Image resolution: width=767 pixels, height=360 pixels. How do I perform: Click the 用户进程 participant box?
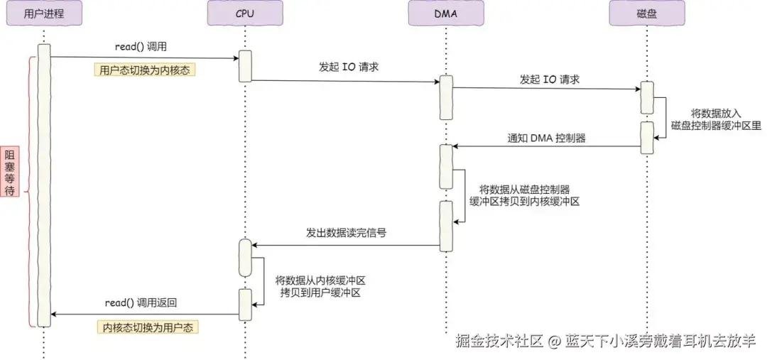pyautogui.click(x=43, y=13)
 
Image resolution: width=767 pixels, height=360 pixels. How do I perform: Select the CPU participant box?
pyautogui.click(x=244, y=13)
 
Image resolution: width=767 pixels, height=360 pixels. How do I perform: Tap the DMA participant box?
pyautogui.click(x=445, y=13)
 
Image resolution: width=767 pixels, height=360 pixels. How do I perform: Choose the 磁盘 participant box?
pyautogui.click(x=647, y=13)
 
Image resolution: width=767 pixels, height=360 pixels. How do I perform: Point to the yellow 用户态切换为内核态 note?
pyautogui.click(x=145, y=70)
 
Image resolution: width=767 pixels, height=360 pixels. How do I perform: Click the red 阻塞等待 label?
pyautogui.click(x=10, y=170)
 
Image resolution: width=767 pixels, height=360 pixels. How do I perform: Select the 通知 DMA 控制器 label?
pyautogui.click(x=546, y=138)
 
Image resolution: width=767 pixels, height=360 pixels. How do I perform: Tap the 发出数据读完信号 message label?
pyautogui.click(x=346, y=233)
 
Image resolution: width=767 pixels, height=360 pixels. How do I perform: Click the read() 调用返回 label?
pyautogui.click(x=141, y=302)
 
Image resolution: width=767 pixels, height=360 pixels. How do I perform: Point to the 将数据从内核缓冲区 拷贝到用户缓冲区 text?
pyautogui.click(x=320, y=287)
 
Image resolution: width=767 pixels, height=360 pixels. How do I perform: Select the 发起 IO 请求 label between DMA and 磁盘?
pyautogui.click(x=549, y=80)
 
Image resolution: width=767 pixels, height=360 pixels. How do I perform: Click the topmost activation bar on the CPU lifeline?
pyautogui.click(x=244, y=66)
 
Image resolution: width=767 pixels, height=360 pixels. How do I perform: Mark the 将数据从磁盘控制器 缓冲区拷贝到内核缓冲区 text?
pyautogui.click(x=524, y=195)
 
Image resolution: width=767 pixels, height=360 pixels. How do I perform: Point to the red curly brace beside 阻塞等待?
pyautogui.click(x=28, y=191)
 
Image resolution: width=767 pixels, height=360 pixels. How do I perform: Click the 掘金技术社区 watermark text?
pyautogui.click(x=499, y=341)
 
